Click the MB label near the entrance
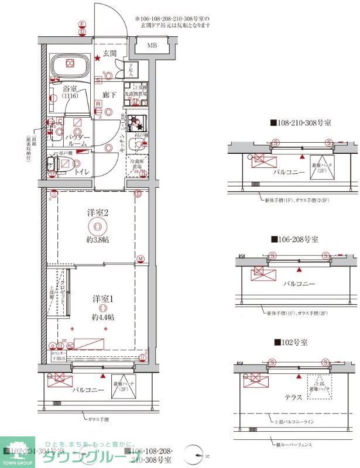click(152, 45)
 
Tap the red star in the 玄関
click(98, 58)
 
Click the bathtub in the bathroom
click(69, 64)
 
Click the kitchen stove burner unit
click(139, 121)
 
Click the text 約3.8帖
click(98, 240)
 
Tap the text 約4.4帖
click(102, 316)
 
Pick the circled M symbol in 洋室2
click(140, 259)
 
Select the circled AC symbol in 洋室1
click(70, 346)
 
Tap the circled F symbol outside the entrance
click(83, 24)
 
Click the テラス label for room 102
click(293, 397)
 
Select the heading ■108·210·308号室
click(300, 123)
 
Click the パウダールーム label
click(77, 140)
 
